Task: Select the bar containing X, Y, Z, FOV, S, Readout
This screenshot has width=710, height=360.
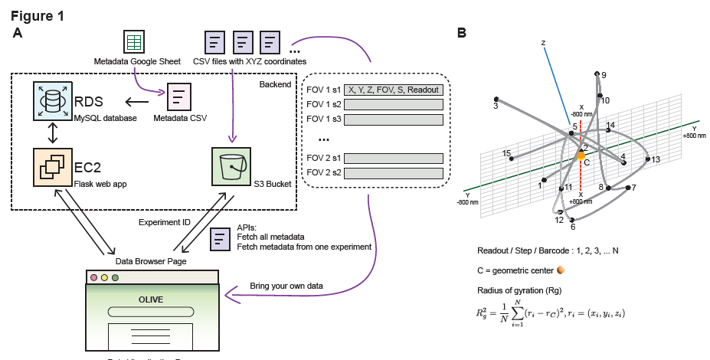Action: click(394, 90)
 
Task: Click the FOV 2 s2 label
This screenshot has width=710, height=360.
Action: click(323, 173)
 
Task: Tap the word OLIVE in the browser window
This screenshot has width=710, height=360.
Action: click(150, 299)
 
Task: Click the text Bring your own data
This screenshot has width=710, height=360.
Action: click(286, 286)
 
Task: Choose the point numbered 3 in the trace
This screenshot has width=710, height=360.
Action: click(496, 100)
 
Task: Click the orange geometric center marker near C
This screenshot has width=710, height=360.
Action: click(581, 155)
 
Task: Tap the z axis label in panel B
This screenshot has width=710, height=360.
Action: click(543, 43)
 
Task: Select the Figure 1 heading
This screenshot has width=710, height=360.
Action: click(38, 15)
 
